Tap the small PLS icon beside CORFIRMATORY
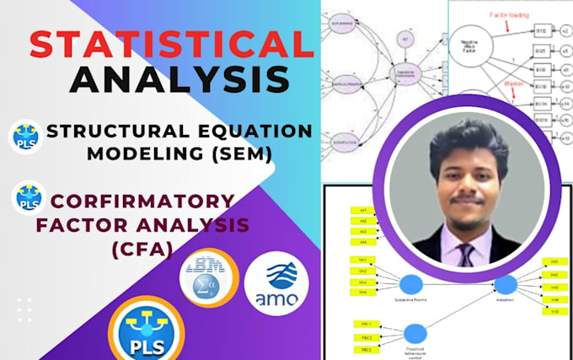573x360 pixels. pos(29,198)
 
